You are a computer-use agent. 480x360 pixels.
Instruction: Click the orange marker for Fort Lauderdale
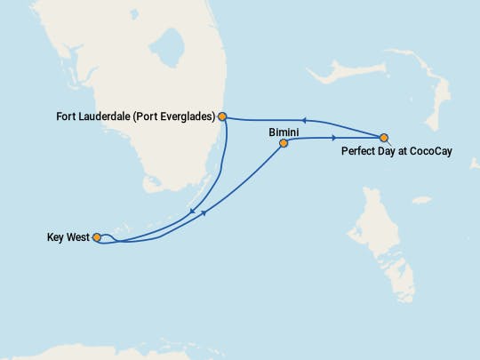click(x=222, y=116)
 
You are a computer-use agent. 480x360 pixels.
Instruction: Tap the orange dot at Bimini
click(x=284, y=143)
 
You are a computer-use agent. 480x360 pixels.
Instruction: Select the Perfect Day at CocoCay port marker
click(x=384, y=138)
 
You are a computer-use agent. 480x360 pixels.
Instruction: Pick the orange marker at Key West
click(x=96, y=237)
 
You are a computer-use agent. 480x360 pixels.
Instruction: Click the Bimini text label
click(x=283, y=131)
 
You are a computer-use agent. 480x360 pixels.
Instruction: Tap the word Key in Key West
click(x=55, y=237)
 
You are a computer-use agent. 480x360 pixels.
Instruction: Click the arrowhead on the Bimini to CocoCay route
click(x=334, y=138)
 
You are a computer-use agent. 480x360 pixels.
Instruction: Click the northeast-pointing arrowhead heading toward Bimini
click(x=206, y=212)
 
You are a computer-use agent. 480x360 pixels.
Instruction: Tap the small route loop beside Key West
click(x=106, y=237)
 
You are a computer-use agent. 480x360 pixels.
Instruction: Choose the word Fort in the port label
click(x=66, y=116)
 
